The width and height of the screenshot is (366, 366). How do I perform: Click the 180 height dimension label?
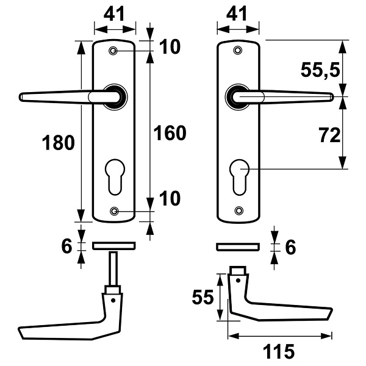tap(59, 143)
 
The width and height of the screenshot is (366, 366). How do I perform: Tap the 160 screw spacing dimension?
tap(170, 133)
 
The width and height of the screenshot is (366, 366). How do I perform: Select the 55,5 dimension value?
tap(320, 70)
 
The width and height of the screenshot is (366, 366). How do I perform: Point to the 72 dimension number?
tap(329, 135)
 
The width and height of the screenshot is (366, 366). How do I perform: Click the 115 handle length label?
tap(279, 351)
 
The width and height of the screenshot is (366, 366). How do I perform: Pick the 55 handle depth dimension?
tap(203, 297)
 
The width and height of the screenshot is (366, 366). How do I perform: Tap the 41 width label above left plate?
tap(114, 14)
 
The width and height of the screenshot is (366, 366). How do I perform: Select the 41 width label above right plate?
tap(237, 14)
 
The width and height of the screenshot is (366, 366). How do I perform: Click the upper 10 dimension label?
tap(170, 47)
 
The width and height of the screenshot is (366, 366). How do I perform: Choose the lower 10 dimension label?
tap(170, 198)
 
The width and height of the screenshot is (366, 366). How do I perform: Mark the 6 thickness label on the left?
tap(66, 246)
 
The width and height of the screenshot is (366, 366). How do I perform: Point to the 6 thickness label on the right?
tap(290, 247)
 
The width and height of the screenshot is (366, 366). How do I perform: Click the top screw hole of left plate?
tap(113, 51)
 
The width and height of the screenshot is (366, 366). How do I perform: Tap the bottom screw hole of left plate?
tap(114, 211)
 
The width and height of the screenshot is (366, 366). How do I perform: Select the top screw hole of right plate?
tap(238, 50)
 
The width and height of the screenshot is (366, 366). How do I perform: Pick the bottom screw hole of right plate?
tap(239, 210)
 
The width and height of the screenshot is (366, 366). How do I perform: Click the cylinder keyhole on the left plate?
tap(115, 177)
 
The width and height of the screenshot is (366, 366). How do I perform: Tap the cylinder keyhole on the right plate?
tap(239, 177)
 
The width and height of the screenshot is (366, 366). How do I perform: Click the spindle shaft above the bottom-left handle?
tap(113, 268)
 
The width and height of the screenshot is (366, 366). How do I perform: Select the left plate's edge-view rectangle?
tap(114, 246)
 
